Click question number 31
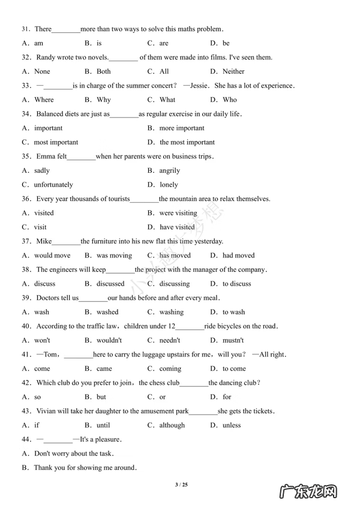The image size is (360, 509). click(26, 29)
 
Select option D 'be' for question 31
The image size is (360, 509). click(226, 43)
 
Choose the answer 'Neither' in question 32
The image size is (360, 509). click(233, 71)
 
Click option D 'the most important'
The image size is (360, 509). click(187, 142)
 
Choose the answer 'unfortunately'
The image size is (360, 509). click(53, 185)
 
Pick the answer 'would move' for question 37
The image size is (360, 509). click(52, 256)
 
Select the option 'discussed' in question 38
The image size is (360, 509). click(110, 284)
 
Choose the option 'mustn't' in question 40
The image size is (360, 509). click(233, 340)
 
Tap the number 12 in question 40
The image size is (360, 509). click(172, 327)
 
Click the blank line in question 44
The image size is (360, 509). click(58, 440)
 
